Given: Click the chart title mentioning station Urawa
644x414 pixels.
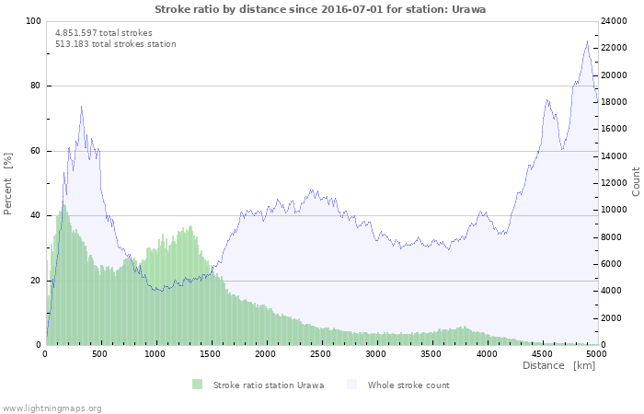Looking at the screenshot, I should click(x=320, y=9).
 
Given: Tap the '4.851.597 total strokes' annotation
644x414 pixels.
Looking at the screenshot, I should click(x=104, y=32).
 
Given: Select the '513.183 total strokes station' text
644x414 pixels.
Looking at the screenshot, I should click(x=116, y=44).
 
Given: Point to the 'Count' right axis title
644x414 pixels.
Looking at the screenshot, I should click(x=636, y=181).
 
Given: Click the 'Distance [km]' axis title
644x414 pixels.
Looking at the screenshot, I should click(x=558, y=366).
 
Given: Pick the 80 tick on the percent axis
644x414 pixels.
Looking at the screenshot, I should click(x=35, y=86).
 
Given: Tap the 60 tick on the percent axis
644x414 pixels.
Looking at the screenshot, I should click(x=35, y=151).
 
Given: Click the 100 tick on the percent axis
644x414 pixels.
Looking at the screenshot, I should click(x=33, y=21).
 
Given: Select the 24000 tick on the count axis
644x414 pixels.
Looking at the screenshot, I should click(x=616, y=21).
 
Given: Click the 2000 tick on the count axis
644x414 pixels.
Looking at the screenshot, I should click(x=614, y=318).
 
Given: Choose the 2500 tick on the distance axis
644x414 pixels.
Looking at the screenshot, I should click(x=321, y=353).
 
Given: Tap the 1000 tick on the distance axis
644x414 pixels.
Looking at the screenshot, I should click(x=155, y=353).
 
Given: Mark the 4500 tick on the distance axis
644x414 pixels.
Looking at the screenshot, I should click(x=541, y=353).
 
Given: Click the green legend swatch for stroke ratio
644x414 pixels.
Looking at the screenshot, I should click(x=197, y=385).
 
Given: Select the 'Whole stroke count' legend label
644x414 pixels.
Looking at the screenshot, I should click(x=408, y=385).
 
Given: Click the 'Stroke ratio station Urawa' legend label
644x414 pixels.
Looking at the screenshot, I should click(x=268, y=385).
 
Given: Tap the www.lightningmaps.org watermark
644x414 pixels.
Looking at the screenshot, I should click(x=52, y=408).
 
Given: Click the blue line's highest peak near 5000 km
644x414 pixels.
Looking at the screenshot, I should click(x=587, y=40).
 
